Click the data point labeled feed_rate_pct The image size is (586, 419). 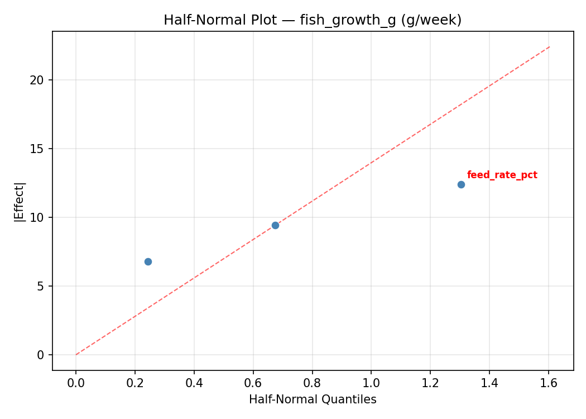[461, 184]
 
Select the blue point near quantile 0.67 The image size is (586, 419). [275, 225]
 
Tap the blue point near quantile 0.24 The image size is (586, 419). [148, 261]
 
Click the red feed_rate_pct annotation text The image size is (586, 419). [502, 175]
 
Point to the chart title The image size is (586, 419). [313, 20]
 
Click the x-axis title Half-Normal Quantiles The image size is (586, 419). [313, 399]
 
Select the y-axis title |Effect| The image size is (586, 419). [20, 201]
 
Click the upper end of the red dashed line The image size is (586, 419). [549, 47]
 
